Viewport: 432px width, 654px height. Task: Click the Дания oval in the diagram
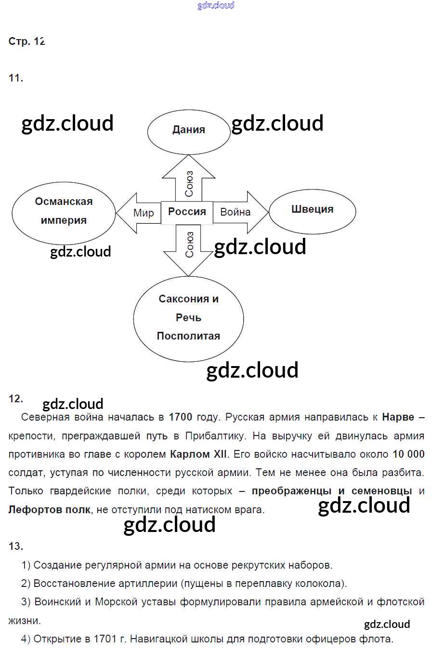189,130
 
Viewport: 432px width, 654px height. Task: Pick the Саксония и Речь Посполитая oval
188,318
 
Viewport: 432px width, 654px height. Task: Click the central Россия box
187,212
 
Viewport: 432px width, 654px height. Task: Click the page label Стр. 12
26,41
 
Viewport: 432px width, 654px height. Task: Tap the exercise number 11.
15,78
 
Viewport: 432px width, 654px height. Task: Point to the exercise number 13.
15,546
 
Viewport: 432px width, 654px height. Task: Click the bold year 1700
181,417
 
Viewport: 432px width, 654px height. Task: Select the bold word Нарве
398,417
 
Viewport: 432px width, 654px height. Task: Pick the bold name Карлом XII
198,454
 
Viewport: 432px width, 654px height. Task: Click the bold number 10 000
408,454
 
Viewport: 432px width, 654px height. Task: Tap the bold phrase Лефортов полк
49,510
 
